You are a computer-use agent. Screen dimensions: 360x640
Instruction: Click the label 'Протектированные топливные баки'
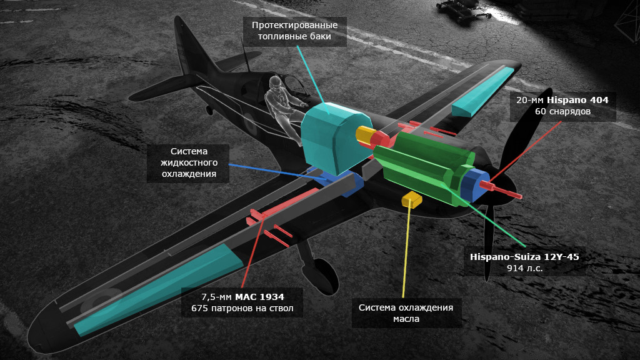(294, 31)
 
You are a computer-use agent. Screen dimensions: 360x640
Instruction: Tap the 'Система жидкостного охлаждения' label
(188, 163)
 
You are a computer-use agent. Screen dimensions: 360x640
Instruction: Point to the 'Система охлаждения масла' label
(405, 312)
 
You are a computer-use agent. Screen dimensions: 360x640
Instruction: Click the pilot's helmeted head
(276, 83)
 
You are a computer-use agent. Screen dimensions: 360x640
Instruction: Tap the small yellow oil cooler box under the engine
(412, 199)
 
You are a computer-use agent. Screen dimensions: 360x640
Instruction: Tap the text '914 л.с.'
(524, 268)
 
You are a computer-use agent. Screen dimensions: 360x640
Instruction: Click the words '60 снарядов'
(562, 112)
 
